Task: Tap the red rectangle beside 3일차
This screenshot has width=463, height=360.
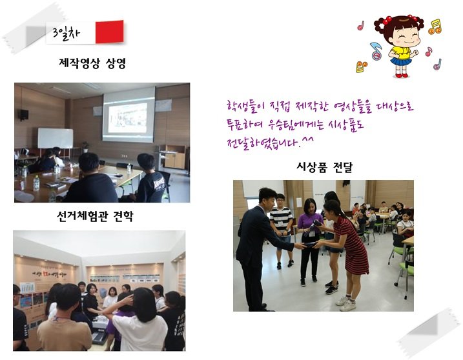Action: point(108,32)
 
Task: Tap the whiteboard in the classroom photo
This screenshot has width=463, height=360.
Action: point(55,137)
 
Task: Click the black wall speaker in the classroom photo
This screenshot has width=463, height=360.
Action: point(24,115)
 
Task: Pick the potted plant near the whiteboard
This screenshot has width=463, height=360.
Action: point(85,146)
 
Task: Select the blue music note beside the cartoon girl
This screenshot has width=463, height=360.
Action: point(376,49)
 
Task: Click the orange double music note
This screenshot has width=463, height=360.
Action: point(436,26)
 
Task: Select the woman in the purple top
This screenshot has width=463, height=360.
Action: point(309,239)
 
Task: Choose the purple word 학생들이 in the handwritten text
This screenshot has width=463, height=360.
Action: point(240,105)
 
